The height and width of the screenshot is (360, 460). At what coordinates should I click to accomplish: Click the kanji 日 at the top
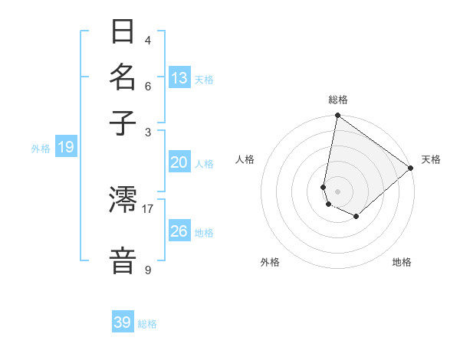pos(123,32)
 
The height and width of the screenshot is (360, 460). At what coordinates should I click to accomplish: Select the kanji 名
pos(123,77)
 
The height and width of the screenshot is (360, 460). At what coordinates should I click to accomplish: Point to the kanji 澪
pos(123,201)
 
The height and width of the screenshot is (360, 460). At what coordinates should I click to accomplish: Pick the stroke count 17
pos(147,208)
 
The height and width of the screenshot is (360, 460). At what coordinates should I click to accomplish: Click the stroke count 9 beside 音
pos(147,270)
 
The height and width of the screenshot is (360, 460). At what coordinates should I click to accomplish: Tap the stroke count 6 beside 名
pos(147,86)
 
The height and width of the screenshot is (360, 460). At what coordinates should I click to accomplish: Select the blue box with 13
pos(179,78)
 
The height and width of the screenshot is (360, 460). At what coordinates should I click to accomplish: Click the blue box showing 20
pos(179,162)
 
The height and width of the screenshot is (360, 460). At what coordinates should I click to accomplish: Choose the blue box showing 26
pos(179,231)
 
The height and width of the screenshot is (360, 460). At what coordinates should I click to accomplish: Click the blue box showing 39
pos(123,322)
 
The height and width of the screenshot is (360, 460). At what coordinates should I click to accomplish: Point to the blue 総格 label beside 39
pos(147,325)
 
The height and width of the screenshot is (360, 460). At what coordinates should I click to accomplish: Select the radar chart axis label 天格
pos(431,159)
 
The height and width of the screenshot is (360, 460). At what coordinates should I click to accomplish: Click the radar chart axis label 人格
pos(245,159)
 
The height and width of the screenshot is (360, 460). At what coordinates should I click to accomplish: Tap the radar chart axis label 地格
pos(402,262)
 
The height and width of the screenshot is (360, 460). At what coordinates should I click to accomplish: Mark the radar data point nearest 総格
pos(337,116)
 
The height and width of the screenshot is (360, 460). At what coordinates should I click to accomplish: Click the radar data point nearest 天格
pos(411,169)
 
